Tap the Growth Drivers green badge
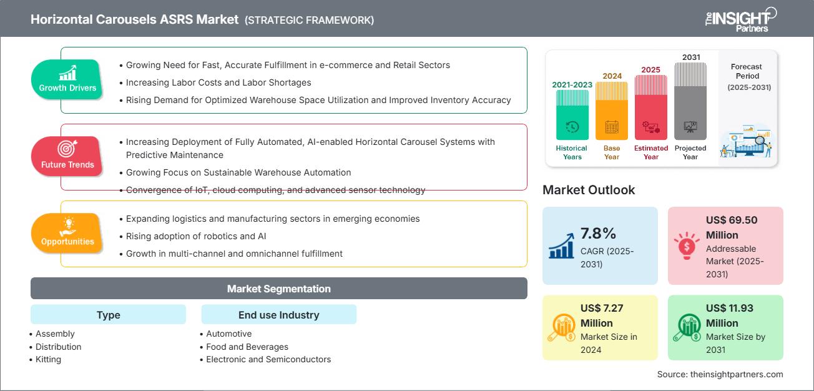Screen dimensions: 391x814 (67, 80)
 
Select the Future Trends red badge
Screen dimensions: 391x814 (67, 156)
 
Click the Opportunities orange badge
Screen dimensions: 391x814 (67, 233)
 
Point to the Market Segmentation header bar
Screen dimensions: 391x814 (278, 289)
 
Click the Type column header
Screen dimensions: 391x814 (108, 315)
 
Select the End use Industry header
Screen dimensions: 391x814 (278, 315)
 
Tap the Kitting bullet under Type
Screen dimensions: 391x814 (48, 359)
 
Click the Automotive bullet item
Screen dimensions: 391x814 (228, 334)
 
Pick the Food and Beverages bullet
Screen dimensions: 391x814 (247, 347)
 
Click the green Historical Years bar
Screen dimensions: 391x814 (572, 115)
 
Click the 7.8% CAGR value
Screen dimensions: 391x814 (598, 234)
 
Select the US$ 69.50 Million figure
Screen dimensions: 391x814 (731, 227)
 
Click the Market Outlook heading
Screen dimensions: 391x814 (589, 190)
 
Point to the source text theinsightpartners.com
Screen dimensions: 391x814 (720, 374)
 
